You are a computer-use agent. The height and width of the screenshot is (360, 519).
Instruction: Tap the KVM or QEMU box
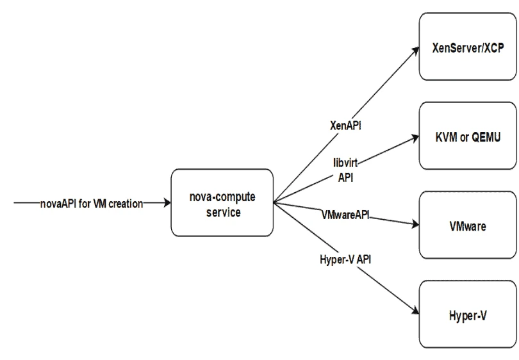[468, 137]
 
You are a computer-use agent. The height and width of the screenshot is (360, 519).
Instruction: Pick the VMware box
[468, 226]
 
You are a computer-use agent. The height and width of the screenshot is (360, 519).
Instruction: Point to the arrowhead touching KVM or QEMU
[414, 138]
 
